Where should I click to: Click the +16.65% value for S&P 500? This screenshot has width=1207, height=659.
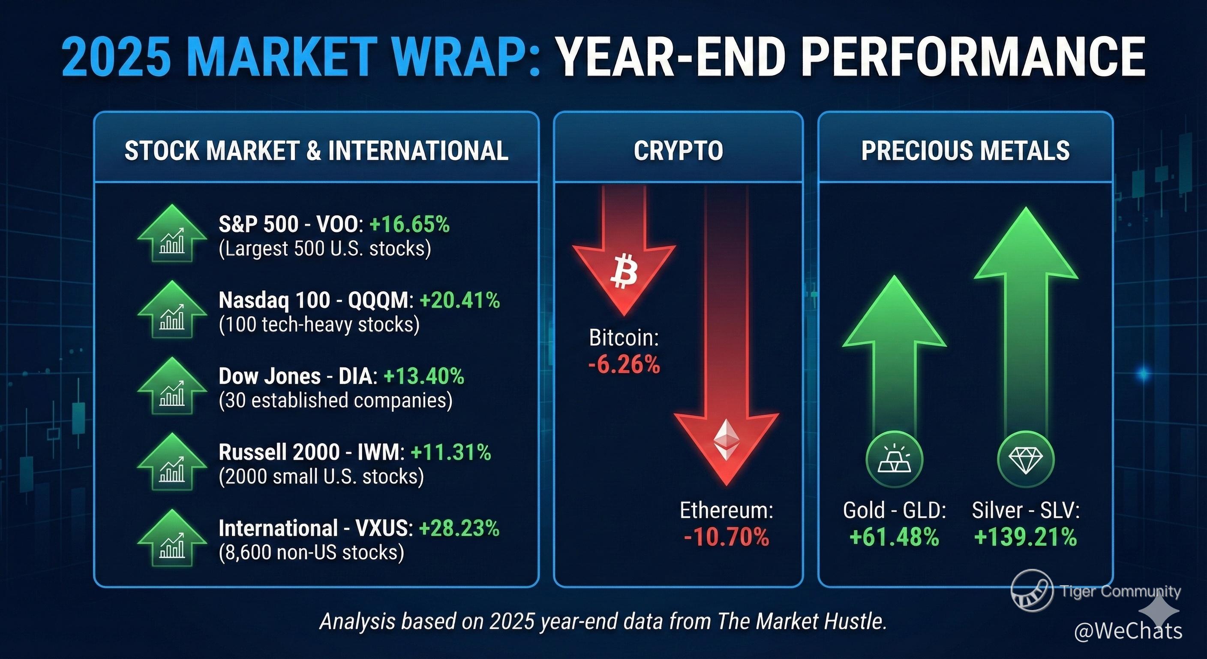coord(409,224)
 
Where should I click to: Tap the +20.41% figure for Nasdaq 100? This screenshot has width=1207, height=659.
coord(459,300)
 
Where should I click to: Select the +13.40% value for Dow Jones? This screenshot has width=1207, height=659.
coord(423,376)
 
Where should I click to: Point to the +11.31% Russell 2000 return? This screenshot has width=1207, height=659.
coord(451,452)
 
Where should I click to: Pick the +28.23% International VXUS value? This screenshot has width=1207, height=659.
coord(459,529)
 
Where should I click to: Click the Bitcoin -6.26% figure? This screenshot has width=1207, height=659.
coord(624,364)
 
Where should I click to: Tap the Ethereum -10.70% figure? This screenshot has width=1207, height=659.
coord(726,537)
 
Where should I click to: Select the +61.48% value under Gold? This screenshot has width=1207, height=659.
coord(894,537)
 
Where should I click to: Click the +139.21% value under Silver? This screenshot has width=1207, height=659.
coord(1025,537)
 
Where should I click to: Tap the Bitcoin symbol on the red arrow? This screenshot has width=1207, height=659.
coord(624,271)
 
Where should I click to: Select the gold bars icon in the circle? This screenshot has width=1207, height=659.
coord(894,459)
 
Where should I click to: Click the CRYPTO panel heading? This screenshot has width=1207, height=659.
coord(678,151)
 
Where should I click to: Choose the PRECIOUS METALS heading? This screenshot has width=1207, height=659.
coord(965,151)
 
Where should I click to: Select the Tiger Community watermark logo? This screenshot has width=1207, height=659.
coord(1032,591)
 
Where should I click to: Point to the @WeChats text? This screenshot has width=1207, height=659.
coord(1128,631)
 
